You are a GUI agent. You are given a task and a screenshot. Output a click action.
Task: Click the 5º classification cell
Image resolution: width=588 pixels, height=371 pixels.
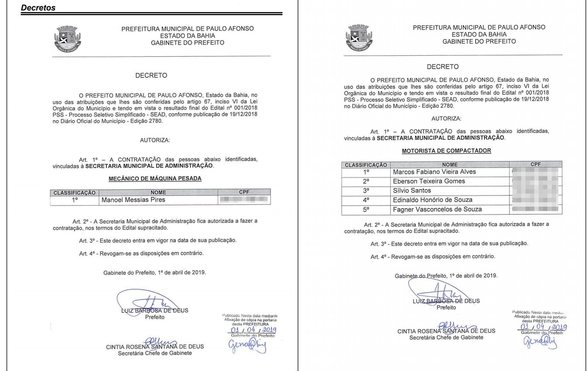pyautogui.click(x=366, y=209)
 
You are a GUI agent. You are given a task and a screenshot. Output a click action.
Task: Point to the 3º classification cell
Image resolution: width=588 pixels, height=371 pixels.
pyautogui.click(x=366, y=191)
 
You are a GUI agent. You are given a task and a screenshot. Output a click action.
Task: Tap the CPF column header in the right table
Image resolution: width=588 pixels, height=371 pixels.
pyautogui.click(x=536, y=165)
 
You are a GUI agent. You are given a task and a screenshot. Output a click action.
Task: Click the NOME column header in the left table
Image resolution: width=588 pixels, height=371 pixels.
pyautogui.click(x=158, y=192)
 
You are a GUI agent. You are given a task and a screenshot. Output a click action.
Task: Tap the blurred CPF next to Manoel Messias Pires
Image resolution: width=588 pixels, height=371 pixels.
pyautogui.click(x=244, y=200)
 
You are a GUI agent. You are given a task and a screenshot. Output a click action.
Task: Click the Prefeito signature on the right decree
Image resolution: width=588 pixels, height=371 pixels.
pyautogui.click(x=442, y=293)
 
